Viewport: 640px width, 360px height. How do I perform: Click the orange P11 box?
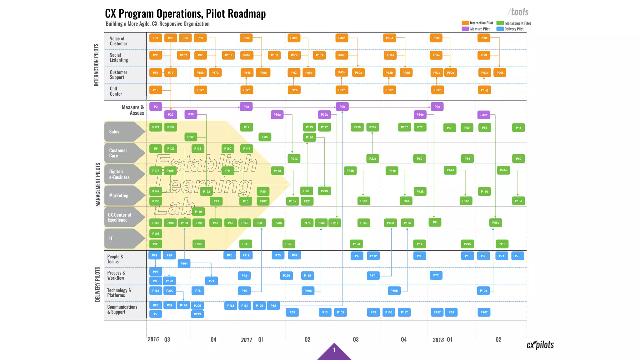click(156, 38)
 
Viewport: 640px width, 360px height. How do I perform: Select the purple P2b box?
click(342, 107)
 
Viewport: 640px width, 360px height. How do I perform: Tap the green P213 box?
click(294, 159)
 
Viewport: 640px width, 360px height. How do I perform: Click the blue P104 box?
click(184, 264)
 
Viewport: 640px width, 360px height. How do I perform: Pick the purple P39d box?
click(484, 115)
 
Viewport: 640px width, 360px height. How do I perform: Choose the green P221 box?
click(372, 159)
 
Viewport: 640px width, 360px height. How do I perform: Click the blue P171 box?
click(373, 276)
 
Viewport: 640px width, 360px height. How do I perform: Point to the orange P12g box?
click(484, 90)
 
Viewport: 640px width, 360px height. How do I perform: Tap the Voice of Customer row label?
click(118, 41)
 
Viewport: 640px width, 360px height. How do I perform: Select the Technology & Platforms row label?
click(119, 293)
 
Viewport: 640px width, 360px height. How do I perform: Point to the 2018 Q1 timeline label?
click(442, 340)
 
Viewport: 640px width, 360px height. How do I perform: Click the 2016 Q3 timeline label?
click(159, 339)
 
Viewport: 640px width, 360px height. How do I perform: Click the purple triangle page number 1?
click(334, 351)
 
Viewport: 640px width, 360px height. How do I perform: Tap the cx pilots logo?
click(540, 345)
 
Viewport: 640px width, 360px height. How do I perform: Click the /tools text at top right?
click(518, 12)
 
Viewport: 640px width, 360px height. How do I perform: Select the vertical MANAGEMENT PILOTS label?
click(98, 184)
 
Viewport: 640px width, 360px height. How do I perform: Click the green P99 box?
click(518, 159)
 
